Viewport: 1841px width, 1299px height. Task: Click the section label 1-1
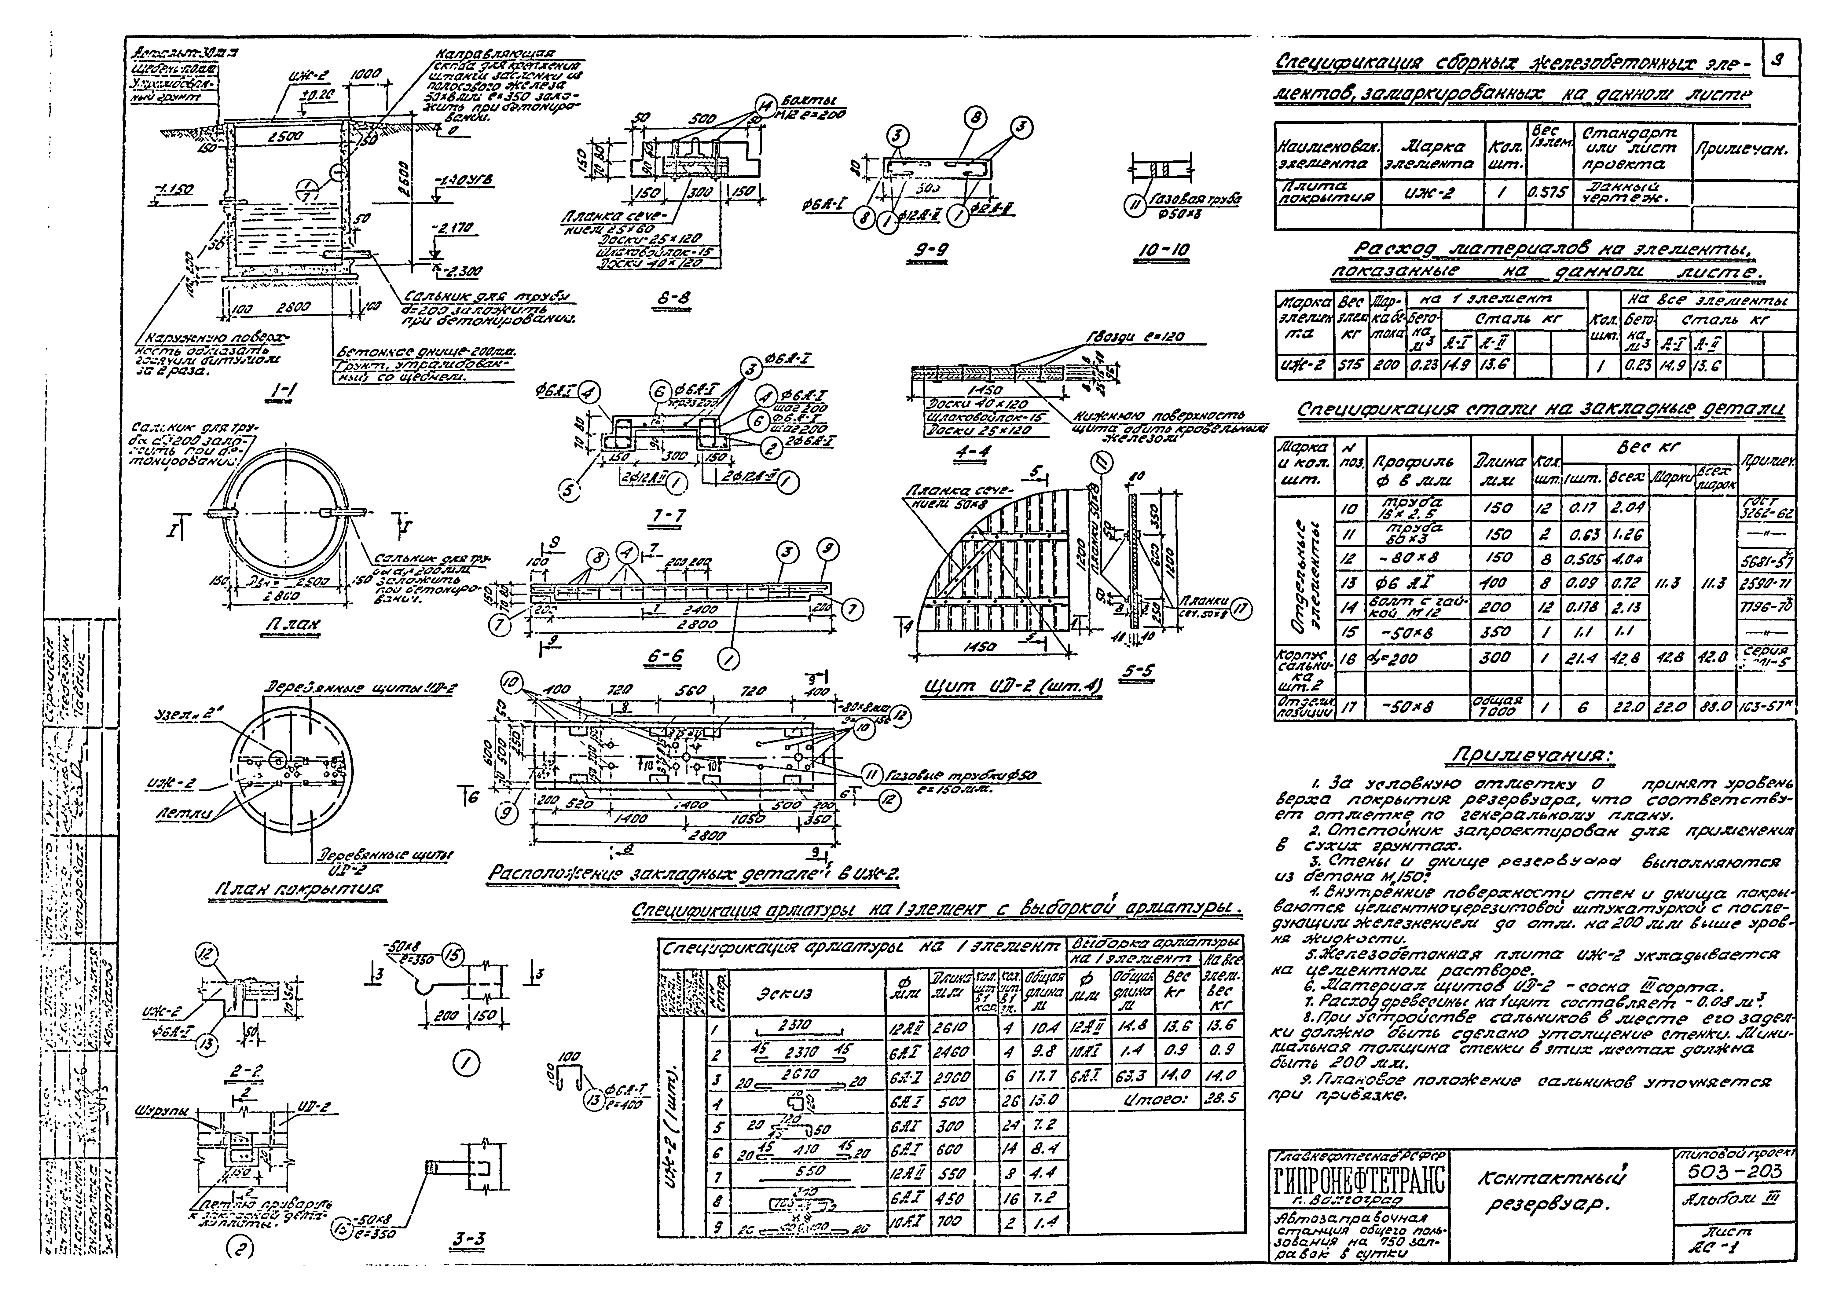[282, 390]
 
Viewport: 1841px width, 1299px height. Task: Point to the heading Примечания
[1533, 756]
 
